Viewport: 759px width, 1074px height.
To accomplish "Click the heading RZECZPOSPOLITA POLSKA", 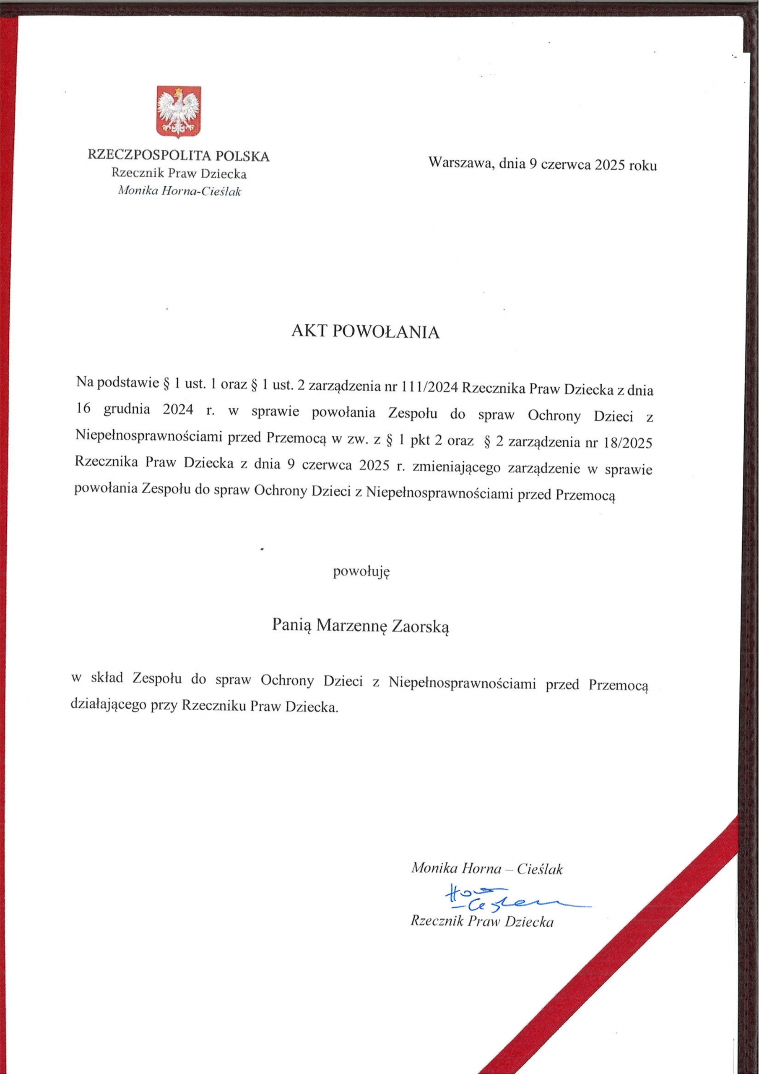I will point(179,156).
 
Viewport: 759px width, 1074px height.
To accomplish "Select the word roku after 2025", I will point(642,165).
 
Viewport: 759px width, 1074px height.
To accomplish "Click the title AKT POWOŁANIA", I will point(365,332).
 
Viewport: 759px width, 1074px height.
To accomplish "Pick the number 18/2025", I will point(628,443).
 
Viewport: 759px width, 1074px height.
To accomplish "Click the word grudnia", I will point(127,410).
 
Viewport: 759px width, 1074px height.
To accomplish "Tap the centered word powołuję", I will point(361,572).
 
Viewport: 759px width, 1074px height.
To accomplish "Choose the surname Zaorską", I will point(420,626).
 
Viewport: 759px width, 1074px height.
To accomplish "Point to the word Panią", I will point(292,625).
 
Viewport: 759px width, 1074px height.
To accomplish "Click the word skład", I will point(107,679).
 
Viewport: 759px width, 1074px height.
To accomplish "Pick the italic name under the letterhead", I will point(179,191).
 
